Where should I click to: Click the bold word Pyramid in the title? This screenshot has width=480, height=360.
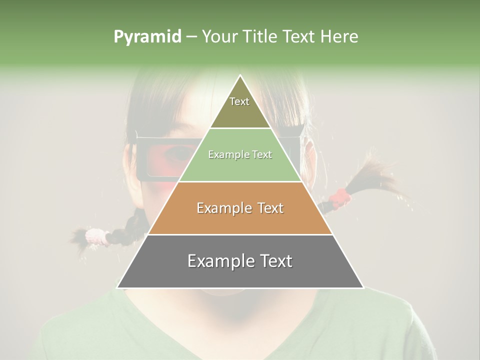click(147, 37)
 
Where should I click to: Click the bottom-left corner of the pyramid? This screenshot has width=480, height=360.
click(118, 287)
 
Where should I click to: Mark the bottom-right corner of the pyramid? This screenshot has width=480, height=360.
click(363, 287)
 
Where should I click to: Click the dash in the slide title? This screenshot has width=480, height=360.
click(191, 37)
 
